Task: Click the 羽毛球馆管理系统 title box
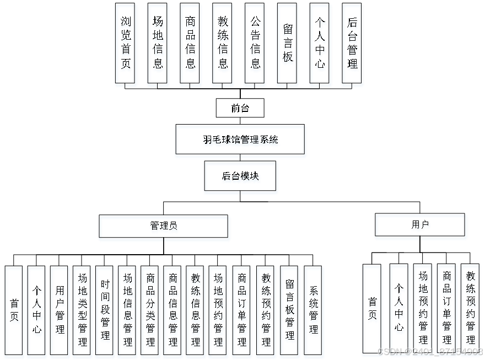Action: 240,141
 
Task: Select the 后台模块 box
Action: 241,178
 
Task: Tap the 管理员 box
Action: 164,228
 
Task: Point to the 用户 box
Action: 421,227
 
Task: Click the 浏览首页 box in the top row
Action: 126,45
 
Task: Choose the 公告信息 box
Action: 255,45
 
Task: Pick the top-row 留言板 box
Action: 288,45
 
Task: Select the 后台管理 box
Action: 353,45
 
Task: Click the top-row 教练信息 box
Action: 223,45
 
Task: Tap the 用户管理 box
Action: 60,311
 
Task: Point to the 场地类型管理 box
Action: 83,311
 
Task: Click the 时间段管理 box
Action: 105,311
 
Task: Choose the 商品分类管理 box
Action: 150,311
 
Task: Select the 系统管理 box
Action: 314,311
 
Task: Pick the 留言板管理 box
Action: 290,311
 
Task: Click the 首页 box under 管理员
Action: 15,311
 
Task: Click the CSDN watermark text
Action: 430,351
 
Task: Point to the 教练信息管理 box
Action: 196,311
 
